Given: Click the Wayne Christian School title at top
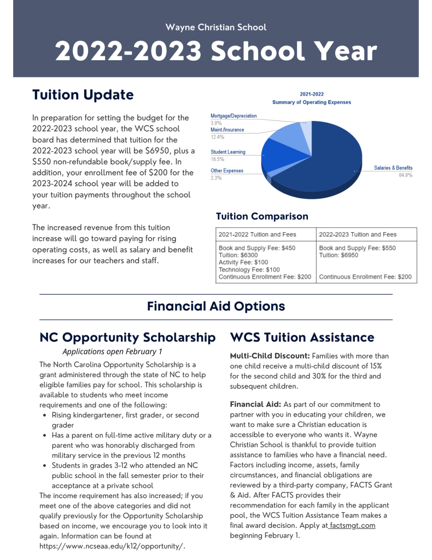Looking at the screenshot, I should tap(216, 27).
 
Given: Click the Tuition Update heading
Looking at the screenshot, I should tap(83, 95).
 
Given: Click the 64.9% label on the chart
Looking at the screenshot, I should tap(405, 175).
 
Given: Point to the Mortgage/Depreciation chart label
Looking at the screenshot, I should tap(233, 116).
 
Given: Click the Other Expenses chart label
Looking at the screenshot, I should tap(227, 171).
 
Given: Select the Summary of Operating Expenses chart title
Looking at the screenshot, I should tap(312, 102).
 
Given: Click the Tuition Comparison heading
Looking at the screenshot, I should tap(262, 216).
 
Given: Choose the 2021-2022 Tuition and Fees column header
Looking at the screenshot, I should tap(257, 234).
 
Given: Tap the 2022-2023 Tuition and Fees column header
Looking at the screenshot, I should tap(358, 234).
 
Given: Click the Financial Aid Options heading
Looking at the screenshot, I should tap(216, 306).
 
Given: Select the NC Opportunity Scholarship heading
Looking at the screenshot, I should tap(127, 337).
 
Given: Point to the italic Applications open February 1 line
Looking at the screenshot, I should tap(112, 351).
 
